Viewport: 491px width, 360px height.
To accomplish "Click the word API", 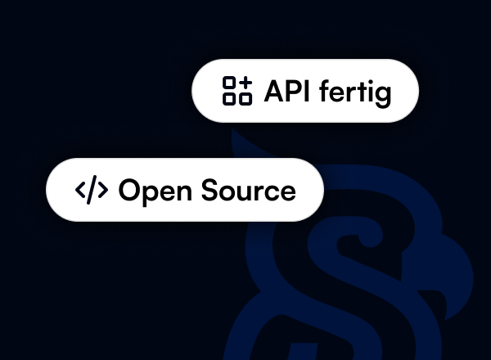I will click(286, 91).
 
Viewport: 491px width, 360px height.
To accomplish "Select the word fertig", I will click(354, 92).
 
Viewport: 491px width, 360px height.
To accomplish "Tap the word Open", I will click(152, 191).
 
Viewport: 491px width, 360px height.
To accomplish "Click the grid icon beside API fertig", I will click(237, 91).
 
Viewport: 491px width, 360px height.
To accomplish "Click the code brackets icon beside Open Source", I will click(91, 191).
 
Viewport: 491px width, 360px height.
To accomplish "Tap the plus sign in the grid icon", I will click(245, 83).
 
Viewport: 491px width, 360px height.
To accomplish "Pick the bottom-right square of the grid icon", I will click(245, 98).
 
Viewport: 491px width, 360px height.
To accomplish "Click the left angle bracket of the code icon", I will click(80, 191).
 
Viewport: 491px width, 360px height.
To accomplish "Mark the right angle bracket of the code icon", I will click(101, 191).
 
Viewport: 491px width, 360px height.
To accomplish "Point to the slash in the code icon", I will click(91, 191).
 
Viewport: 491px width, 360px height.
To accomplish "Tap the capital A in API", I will click(273, 91).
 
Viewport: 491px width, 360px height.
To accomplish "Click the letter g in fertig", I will click(383, 94).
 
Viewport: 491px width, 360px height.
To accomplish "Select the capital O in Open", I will click(130, 191).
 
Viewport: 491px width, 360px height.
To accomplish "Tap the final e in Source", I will click(287, 192).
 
